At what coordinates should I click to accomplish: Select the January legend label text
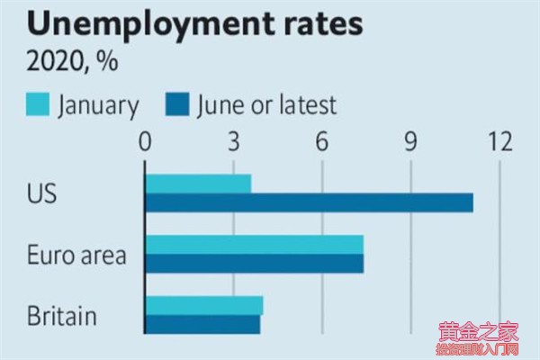(x=99, y=105)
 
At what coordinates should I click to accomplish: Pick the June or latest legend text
(x=268, y=105)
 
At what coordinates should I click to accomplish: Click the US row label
(x=42, y=193)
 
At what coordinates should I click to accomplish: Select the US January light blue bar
(x=198, y=184)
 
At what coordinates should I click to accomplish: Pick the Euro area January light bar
(x=255, y=244)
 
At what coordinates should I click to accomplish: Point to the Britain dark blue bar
(x=203, y=324)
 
